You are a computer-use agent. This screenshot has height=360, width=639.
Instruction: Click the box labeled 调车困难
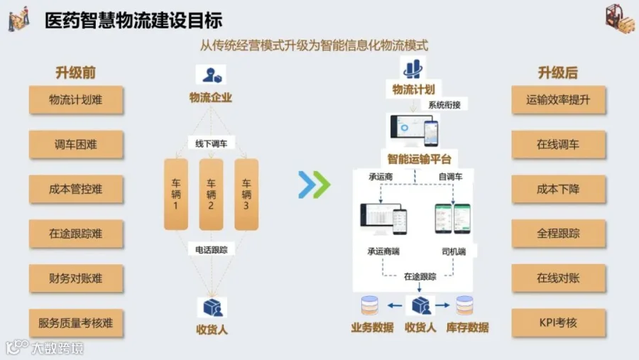click(76, 144)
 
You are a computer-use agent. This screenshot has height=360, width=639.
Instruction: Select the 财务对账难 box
click(76, 278)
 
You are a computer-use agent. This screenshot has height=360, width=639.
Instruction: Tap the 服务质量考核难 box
click(76, 323)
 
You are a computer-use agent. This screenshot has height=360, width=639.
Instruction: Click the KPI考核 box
click(558, 323)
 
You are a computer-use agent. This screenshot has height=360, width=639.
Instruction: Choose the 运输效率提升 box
click(558, 100)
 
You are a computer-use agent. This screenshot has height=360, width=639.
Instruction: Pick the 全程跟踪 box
click(558, 234)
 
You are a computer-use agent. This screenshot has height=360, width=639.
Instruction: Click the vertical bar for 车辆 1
click(176, 195)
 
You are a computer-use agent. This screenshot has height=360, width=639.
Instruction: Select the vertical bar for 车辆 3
click(246, 195)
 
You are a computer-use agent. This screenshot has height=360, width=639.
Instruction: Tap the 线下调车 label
click(211, 143)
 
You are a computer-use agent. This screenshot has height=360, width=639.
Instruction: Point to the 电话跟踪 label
click(211, 249)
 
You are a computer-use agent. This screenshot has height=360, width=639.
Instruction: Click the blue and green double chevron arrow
click(315, 185)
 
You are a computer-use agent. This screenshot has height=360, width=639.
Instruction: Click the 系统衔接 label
click(444, 105)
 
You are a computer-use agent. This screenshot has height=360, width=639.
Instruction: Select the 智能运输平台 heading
click(420, 159)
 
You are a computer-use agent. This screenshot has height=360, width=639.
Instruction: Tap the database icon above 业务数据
click(370, 305)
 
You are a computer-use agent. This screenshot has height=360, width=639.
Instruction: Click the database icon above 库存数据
click(464, 305)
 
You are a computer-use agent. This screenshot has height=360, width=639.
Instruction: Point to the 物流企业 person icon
click(211, 75)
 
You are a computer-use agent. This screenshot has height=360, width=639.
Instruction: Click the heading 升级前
click(76, 72)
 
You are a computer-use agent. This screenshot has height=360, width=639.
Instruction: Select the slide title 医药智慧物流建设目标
click(133, 21)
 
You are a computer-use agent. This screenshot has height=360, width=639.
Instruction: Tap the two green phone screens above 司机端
click(452, 219)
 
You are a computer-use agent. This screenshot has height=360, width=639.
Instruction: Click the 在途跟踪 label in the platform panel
click(420, 276)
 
